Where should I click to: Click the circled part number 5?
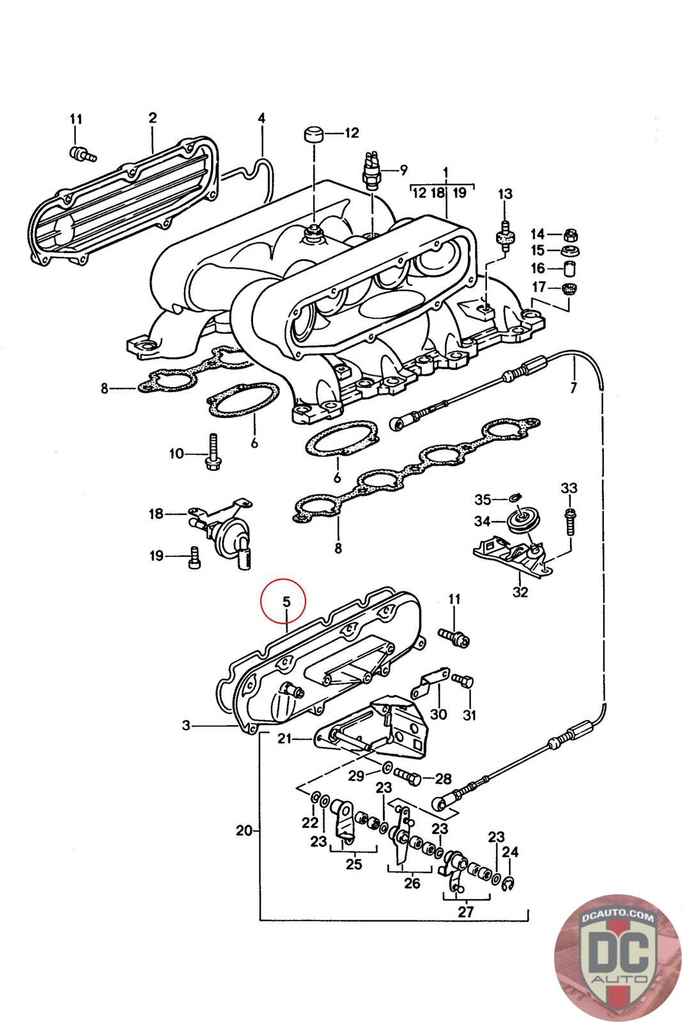click(x=286, y=601)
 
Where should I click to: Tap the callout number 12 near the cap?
click(x=352, y=133)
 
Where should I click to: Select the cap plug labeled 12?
click(x=312, y=136)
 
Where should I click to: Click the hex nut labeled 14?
click(x=571, y=234)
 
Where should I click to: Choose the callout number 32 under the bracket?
click(x=520, y=591)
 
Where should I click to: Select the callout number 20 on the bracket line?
click(x=244, y=831)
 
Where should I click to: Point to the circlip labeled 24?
click(x=510, y=883)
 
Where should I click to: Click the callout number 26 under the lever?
click(x=412, y=883)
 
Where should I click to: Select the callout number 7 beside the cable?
click(x=573, y=387)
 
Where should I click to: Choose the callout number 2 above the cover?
click(x=153, y=118)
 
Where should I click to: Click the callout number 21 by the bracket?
click(x=284, y=739)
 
